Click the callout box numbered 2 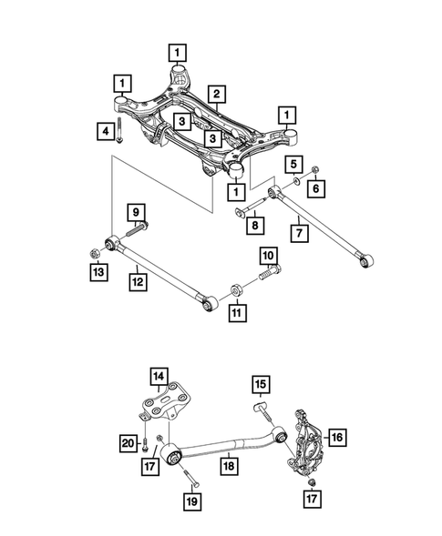pos(216,94)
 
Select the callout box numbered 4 pos(106,133)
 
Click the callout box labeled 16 pos(336,439)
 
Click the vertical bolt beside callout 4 pos(122,136)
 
